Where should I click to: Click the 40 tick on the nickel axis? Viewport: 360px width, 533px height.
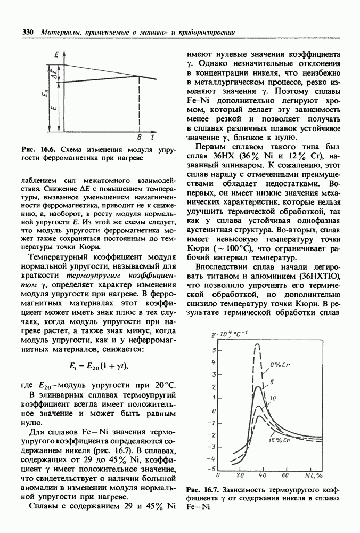tap(262, 475)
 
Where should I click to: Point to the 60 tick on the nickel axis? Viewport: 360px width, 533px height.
tap(286, 475)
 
